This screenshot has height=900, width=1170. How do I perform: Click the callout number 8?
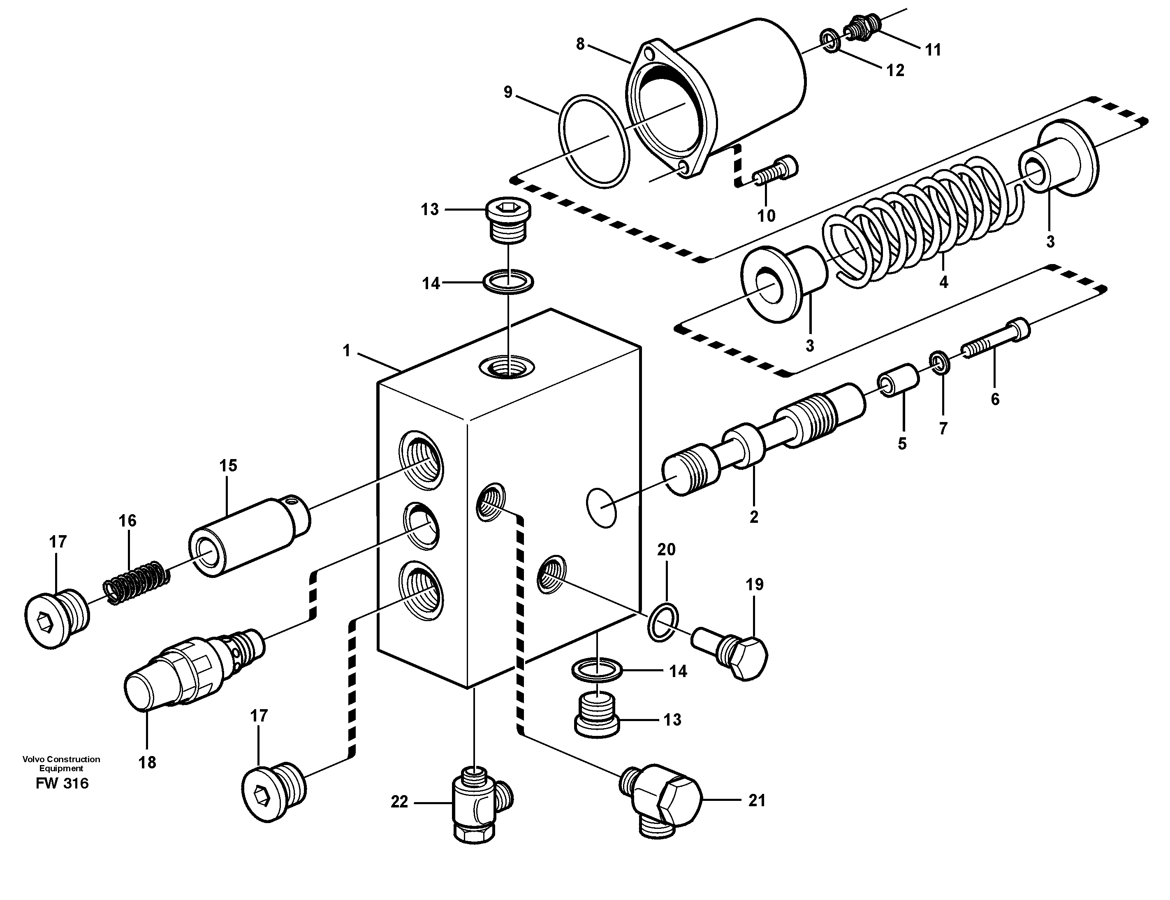click(x=580, y=44)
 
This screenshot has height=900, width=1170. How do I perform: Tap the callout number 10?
click(x=766, y=216)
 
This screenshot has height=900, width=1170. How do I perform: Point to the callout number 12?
click(x=895, y=70)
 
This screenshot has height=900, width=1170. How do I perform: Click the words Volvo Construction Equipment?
click(x=61, y=763)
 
